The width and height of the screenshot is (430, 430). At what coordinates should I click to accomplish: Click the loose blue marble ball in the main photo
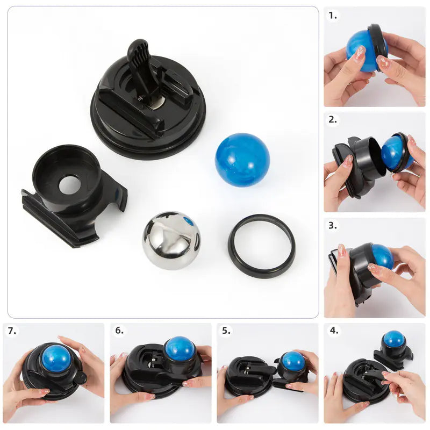tap(242, 160)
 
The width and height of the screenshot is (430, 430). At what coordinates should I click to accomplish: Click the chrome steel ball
tap(171, 240)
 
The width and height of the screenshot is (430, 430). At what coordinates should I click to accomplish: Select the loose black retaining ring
tap(261, 246)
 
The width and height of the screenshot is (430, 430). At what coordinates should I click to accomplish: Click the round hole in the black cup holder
tap(69, 184)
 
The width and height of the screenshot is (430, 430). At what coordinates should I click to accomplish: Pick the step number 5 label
tap(226, 331)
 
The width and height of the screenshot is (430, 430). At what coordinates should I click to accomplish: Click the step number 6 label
tap(119, 331)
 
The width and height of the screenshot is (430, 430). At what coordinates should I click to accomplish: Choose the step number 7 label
tap(12, 331)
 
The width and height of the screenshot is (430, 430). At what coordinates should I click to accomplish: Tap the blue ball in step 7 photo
tap(56, 358)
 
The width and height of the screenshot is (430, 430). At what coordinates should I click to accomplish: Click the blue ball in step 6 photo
tap(180, 349)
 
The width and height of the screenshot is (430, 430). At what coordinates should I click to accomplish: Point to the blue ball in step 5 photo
tap(293, 361)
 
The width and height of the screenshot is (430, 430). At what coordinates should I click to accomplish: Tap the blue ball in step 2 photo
tap(396, 152)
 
